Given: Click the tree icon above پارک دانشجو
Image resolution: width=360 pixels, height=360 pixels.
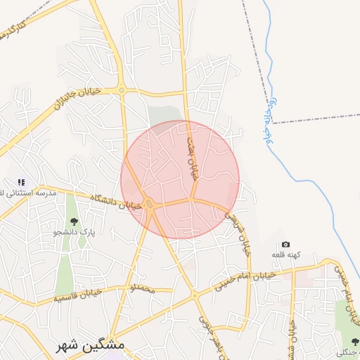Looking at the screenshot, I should click(74, 222).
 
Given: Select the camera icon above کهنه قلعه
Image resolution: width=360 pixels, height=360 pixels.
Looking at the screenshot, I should click(285, 244).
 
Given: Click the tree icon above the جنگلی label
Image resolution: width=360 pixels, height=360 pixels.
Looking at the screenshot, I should click(354, 342).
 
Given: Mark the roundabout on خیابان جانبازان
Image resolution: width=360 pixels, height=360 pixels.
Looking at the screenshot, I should click(122, 89).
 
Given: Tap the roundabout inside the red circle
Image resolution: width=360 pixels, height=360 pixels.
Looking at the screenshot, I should click(150, 205).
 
